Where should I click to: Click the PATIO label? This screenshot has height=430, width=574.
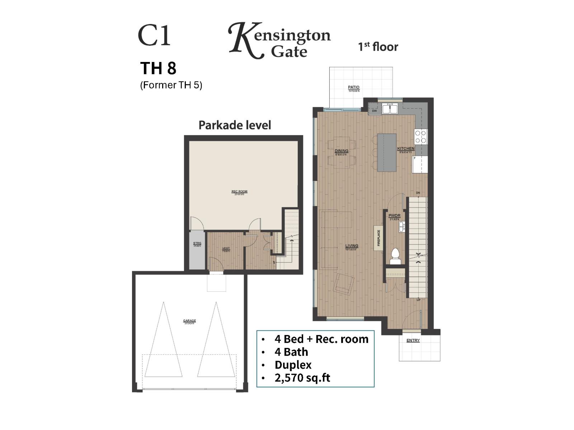click(353, 87)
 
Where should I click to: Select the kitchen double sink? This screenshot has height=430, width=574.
click(389, 108)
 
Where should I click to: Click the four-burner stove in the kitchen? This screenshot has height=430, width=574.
click(421, 137)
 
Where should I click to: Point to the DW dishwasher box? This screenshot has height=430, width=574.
click(374, 111)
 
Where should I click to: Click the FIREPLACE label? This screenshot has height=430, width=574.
click(378, 238)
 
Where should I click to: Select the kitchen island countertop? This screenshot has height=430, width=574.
click(387, 153)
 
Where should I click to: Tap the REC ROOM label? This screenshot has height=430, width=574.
click(239, 192)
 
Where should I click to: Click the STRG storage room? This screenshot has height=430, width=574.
click(197, 251)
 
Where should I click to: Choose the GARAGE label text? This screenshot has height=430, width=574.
click(189, 321)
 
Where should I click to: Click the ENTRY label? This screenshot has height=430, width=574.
click(413, 340)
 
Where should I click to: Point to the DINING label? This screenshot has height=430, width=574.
click(341, 151)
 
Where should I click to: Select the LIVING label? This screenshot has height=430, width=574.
click(352, 246)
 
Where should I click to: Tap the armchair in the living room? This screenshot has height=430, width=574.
click(344, 284)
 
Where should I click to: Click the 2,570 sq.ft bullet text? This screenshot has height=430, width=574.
click(302, 378)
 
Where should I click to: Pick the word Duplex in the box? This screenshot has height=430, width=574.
click(293, 365)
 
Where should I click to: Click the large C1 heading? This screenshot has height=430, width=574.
click(154, 36)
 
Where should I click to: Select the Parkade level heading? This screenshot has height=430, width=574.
click(235, 125)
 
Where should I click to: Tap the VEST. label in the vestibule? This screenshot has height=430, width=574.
click(226, 249)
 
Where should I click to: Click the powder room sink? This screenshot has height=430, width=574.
click(402, 226)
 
